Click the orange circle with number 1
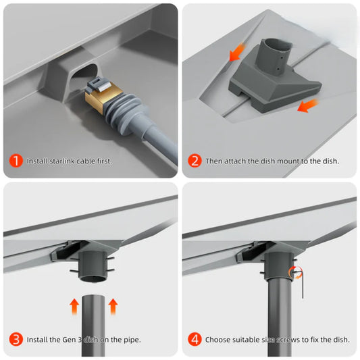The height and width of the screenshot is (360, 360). coord(16,161)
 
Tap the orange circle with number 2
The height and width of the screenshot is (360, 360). coord(195,161)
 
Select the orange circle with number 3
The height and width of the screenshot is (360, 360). coord(16,339)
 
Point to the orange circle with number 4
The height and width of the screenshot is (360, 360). coord(195,339)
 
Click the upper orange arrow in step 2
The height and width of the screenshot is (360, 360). coord(237,52)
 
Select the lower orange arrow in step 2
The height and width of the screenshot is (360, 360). coord(307,105)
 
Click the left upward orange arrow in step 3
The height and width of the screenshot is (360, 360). coord(74,306)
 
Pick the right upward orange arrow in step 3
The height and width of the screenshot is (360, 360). coord(113,306)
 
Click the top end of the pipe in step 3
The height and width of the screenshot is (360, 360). coord(93,297)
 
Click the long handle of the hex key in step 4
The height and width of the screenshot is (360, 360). coord(303,285)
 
